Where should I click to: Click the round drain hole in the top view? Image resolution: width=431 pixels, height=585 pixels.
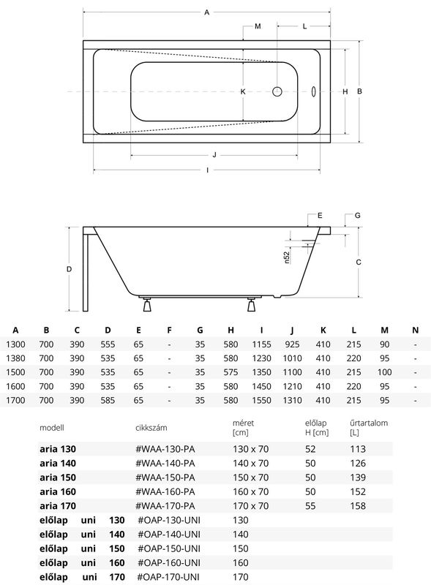[277, 91]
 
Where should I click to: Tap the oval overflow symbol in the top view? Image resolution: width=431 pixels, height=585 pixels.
[314, 91]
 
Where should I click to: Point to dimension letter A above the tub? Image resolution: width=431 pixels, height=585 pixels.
[206, 12]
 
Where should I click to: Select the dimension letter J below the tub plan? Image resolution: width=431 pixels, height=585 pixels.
[214, 155]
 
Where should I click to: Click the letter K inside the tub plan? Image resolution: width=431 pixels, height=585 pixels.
[243, 91]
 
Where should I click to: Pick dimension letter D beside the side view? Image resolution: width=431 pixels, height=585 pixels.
[69, 269]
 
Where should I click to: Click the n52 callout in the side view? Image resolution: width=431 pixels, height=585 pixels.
[286, 257]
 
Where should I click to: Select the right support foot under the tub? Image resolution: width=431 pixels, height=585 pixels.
[252, 304]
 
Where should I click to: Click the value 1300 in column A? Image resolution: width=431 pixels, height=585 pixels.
[15, 344]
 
